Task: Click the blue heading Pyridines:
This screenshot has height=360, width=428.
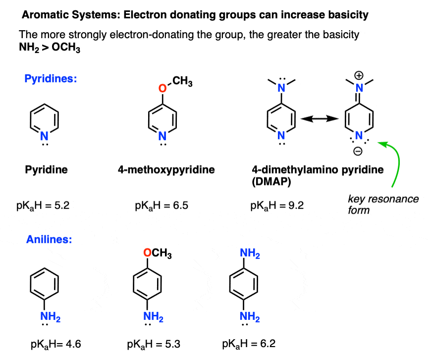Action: tap(51, 79)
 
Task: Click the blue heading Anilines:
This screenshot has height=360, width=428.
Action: tap(49, 240)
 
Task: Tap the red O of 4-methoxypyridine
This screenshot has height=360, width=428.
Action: tap(162, 88)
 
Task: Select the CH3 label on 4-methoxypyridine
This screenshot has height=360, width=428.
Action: tap(182, 81)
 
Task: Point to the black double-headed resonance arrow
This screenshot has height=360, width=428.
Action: tap(320, 119)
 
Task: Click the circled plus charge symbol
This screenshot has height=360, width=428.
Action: tap(359, 75)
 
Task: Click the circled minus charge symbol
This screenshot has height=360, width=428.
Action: tap(358, 151)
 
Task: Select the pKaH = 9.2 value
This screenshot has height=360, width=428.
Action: tap(277, 206)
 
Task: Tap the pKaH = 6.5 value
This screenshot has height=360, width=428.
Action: tap(161, 206)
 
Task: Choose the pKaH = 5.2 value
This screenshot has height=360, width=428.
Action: tap(43, 206)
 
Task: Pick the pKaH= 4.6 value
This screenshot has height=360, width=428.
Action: tap(55, 344)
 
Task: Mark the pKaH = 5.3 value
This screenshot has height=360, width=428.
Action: tap(154, 344)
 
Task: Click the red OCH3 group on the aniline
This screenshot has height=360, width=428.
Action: tap(158, 253)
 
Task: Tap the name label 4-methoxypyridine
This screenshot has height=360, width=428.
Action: tap(166, 170)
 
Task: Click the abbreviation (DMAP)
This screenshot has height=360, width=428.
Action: tap(271, 181)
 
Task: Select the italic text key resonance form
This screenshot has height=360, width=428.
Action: tap(383, 205)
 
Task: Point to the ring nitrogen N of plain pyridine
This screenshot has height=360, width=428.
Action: tap(44, 136)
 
